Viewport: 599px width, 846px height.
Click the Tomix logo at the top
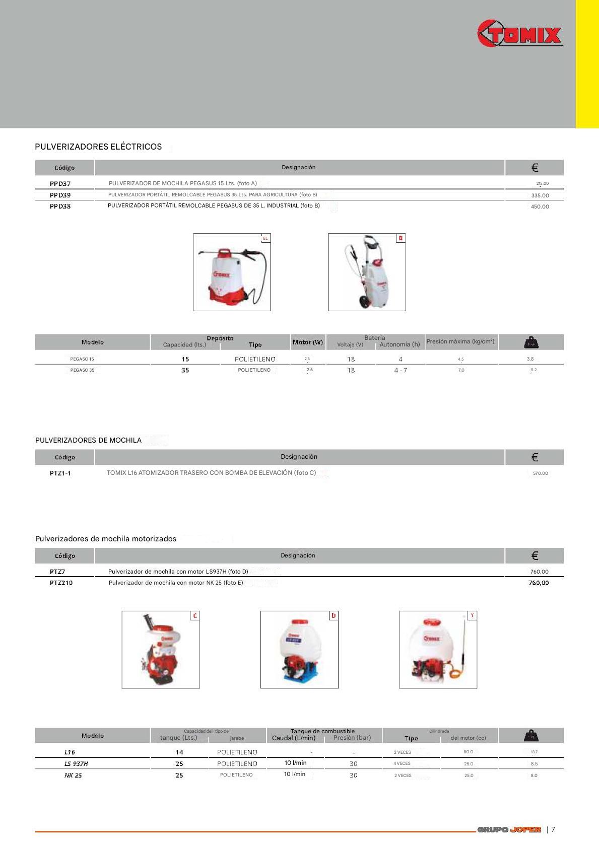click(x=519, y=34)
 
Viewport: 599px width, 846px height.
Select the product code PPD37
click(x=60, y=184)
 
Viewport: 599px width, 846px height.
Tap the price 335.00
click(x=540, y=195)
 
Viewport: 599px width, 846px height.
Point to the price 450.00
click(x=540, y=206)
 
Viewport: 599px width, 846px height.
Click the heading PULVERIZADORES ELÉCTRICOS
click(x=98, y=147)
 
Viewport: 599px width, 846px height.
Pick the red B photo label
click(x=401, y=238)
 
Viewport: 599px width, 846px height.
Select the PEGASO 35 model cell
click(x=82, y=370)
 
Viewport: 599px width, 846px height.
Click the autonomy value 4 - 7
click(x=401, y=370)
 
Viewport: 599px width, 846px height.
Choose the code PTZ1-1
click(x=60, y=473)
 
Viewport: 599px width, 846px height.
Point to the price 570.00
click(x=540, y=473)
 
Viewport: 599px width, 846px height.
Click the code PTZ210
click(x=61, y=583)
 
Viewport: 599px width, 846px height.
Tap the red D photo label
click(x=333, y=616)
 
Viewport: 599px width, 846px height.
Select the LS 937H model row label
click(x=76, y=764)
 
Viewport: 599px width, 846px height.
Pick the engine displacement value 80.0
click(x=468, y=752)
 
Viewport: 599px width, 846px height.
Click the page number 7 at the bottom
click(x=553, y=829)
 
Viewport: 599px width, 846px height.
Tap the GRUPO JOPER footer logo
click(x=509, y=829)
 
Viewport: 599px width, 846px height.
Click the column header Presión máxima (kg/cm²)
click(x=460, y=341)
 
